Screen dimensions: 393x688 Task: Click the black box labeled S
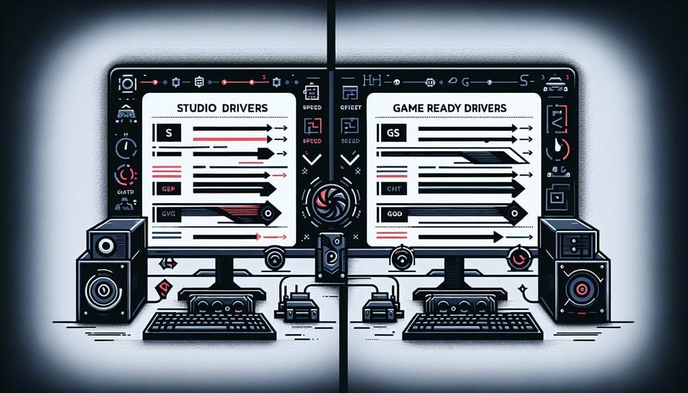pyautogui.click(x=168, y=132)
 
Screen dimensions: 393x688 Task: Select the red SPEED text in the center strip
pyautogui.click(x=311, y=140)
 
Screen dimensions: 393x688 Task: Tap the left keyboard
pyautogui.click(x=209, y=327)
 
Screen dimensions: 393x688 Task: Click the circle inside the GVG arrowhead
pyautogui.click(x=268, y=214)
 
